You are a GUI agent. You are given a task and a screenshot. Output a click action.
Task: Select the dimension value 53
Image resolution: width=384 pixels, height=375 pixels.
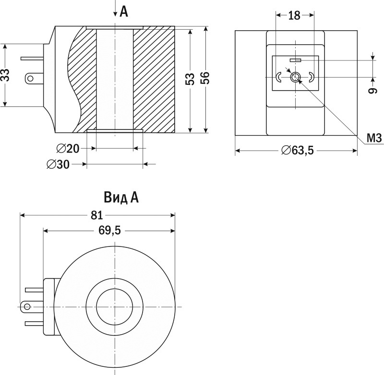[x=190, y=80]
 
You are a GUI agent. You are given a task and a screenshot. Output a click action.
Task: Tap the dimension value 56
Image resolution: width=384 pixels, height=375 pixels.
[x=205, y=78]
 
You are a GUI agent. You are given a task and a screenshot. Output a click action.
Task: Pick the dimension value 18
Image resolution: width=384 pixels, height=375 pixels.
[x=294, y=15]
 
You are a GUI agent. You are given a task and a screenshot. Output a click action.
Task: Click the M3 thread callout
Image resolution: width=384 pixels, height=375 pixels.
[x=373, y=139]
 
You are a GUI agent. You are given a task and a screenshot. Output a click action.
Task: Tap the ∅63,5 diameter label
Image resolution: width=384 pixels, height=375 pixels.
[x=298, y=151]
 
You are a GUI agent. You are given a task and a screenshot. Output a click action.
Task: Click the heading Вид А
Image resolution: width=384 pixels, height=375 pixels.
[x=120, y=198]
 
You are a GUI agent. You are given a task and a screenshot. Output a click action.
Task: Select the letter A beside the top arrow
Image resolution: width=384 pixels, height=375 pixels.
[x=124, y=12]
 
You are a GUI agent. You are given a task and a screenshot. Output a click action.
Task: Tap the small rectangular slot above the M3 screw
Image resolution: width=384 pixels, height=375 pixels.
[x=295, y=60]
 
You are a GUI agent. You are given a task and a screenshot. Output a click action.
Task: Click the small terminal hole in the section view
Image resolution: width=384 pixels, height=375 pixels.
[x=32, y=77]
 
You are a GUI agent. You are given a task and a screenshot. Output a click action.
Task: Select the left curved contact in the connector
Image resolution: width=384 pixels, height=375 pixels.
[x=279, y=77]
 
